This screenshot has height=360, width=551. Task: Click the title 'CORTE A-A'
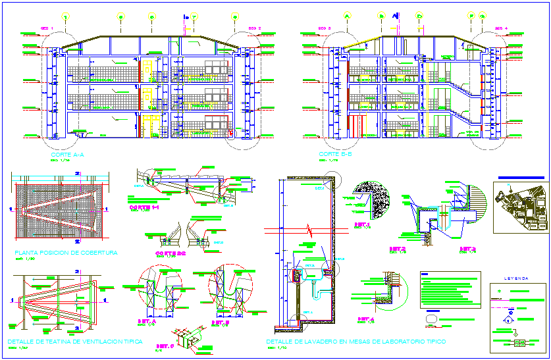click(67, 155)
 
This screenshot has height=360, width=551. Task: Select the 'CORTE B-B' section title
click(336, 155)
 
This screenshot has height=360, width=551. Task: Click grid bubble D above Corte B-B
click(419, 15)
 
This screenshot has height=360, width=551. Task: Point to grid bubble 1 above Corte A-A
click(66, 16)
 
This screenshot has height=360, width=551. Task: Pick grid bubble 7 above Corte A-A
click(194, 16)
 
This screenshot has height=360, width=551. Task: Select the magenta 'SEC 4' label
click(501, 28)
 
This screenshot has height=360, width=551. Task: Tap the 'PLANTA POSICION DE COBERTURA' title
click(65, 252)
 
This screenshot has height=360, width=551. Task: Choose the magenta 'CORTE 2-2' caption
click(171, 253)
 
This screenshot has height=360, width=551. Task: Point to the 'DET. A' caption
click(146, 321)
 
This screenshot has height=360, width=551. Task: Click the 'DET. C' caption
click(165, 346)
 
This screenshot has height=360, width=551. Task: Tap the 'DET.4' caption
click(365, 319)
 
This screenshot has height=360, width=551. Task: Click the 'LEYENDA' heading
click(516, 278)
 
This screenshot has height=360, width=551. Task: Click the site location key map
click(520, 208)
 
